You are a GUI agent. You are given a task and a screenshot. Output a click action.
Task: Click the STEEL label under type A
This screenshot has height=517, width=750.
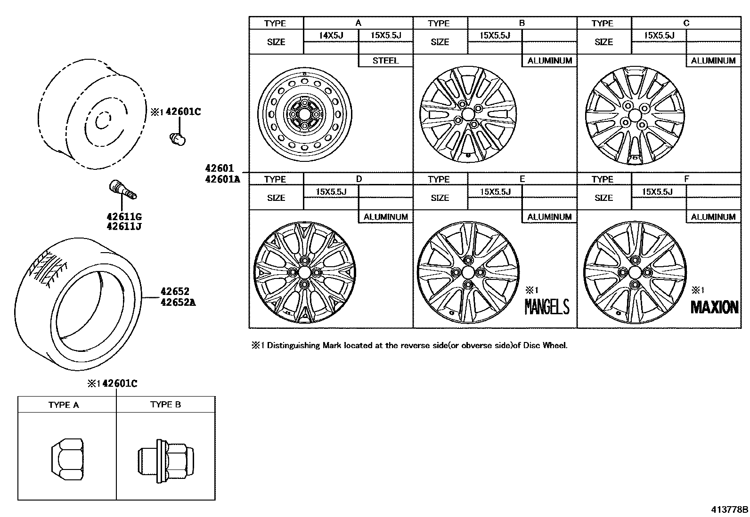385,61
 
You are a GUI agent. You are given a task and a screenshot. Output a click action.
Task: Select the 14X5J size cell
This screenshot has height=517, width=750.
331,35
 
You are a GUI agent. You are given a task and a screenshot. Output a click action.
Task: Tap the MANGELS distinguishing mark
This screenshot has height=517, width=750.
547,307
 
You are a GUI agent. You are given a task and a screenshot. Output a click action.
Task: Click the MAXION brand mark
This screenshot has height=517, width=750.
714,307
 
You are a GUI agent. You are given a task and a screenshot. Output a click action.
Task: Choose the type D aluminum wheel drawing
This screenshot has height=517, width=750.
304,272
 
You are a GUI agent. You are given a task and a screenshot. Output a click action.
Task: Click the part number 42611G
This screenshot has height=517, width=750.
124,217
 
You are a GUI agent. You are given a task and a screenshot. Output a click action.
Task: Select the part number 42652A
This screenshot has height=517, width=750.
178,302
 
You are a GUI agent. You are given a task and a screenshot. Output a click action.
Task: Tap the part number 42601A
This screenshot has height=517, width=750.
222,179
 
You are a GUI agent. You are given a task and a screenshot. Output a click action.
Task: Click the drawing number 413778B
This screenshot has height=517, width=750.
729,509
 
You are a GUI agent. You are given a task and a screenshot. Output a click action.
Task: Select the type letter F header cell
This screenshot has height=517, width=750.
686,179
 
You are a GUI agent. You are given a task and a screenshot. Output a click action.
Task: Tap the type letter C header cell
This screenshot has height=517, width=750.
686,23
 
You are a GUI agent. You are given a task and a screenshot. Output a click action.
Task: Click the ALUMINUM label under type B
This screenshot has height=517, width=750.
549,61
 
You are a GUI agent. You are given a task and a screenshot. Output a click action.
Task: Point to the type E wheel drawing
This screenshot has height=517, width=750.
468,272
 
